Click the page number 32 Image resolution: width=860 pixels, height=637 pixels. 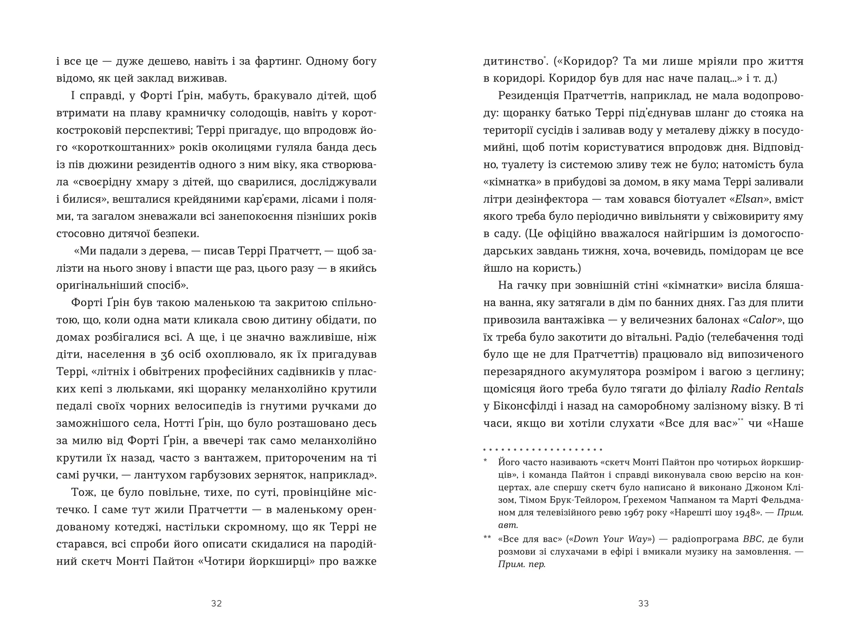216,603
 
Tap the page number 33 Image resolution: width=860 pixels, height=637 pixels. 643,603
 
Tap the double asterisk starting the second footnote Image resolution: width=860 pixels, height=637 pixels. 488,538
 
